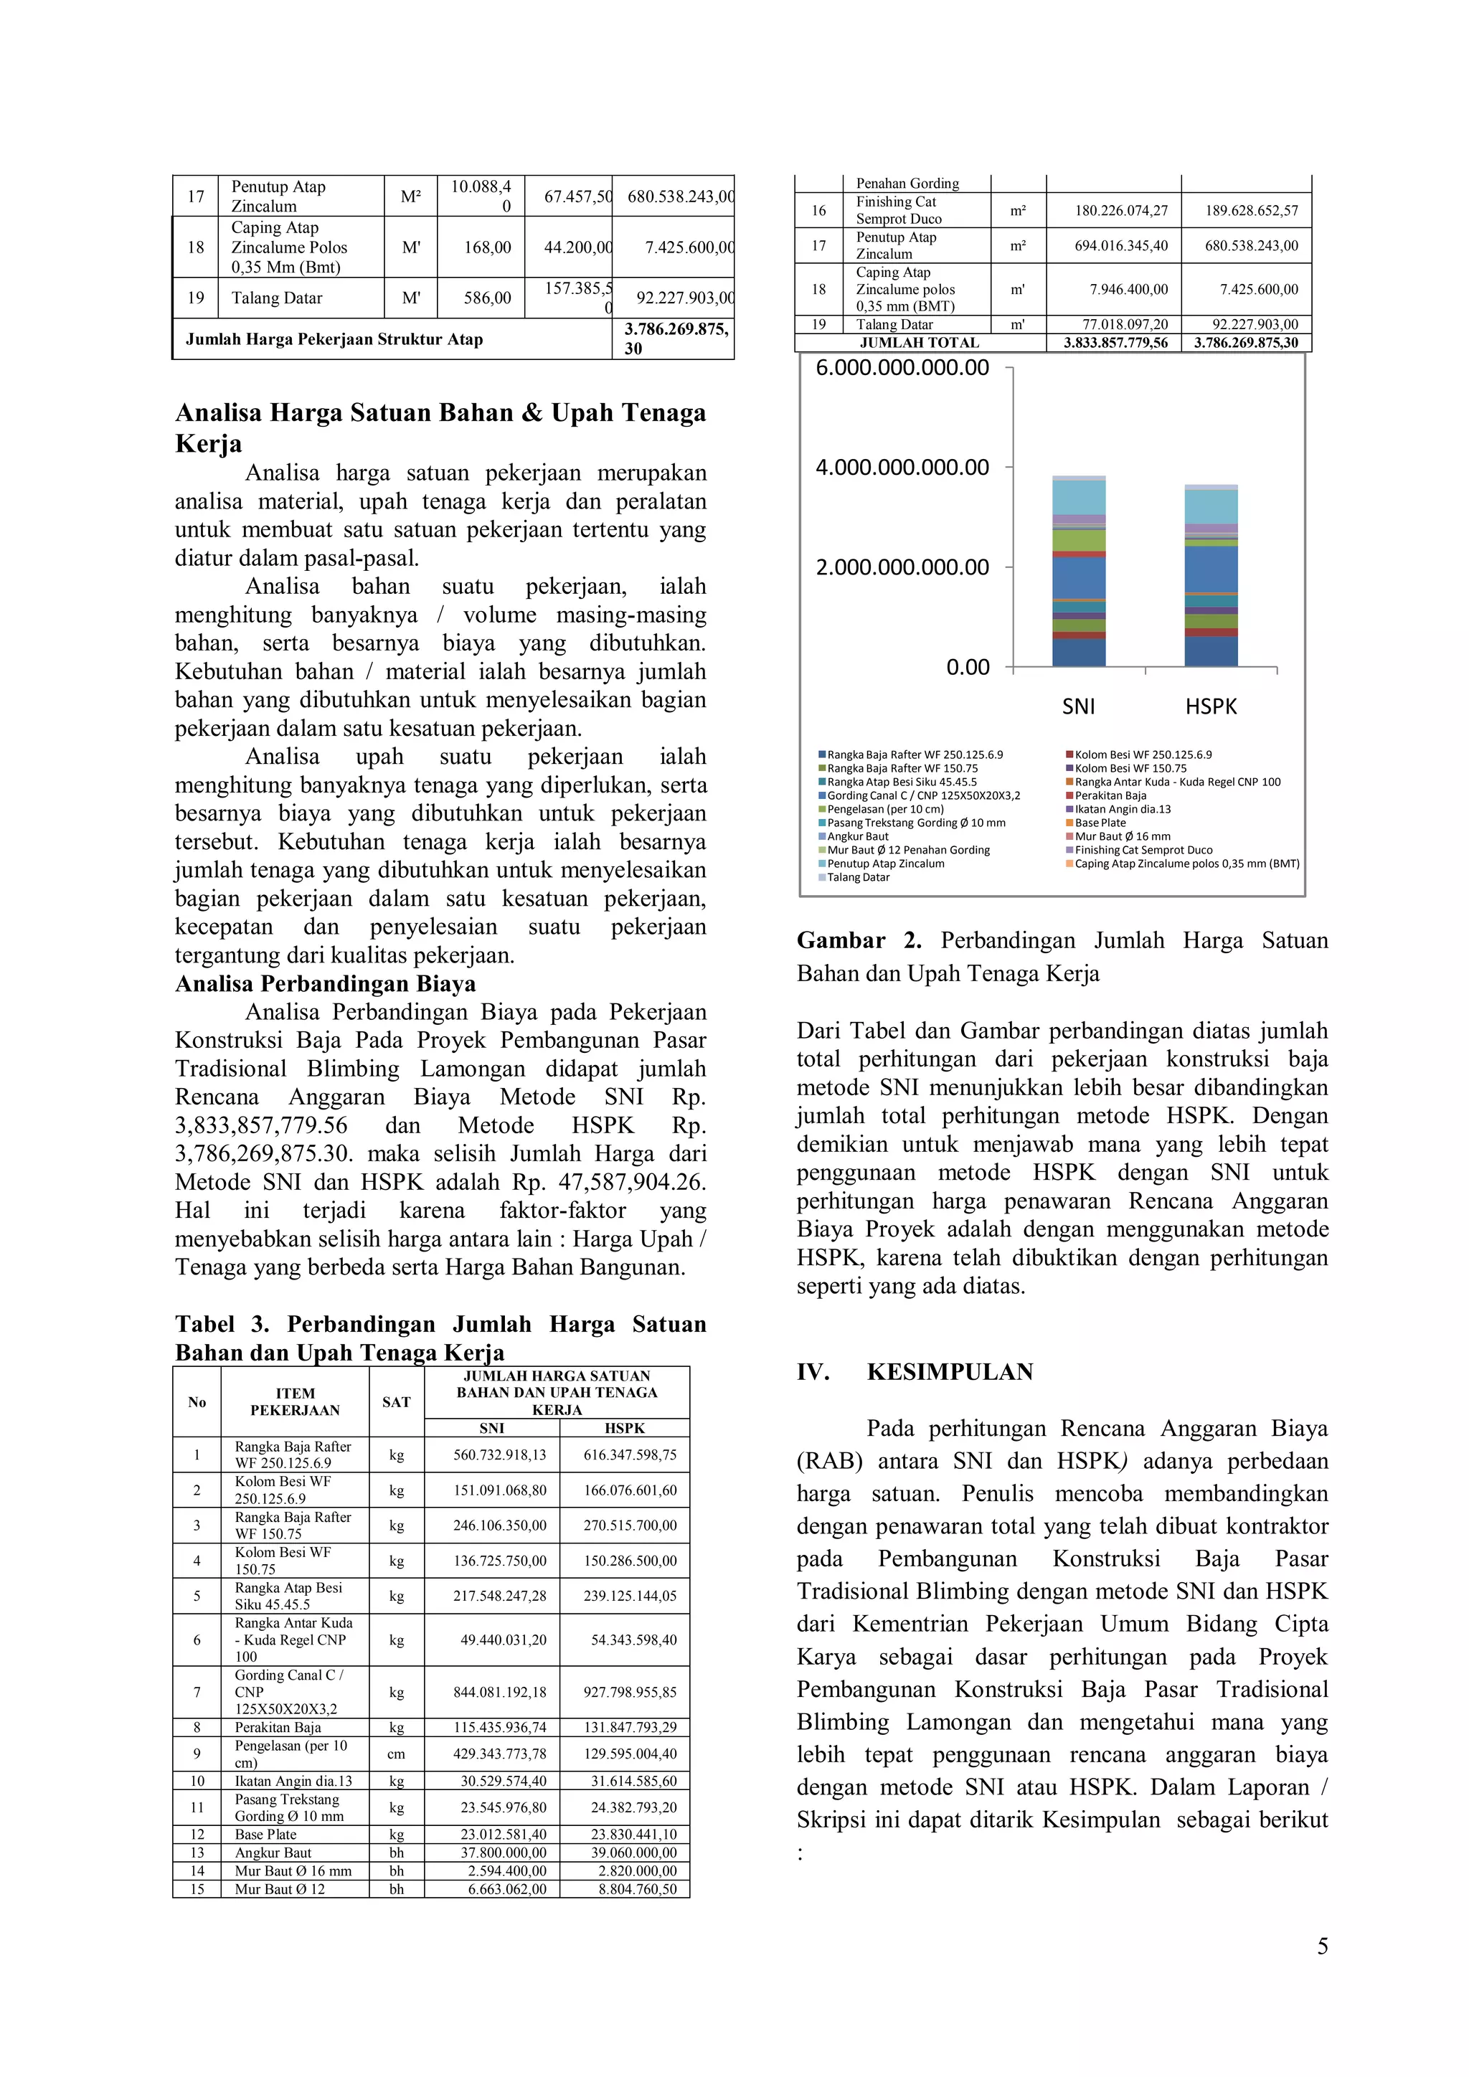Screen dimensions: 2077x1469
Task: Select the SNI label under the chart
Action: (x=1078, y=706)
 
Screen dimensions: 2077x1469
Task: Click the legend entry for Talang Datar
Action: (x=858, y=877)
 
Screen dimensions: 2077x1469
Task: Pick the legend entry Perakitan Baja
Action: (x=1110, y=795)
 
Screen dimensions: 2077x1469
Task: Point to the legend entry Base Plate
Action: (x=1100, y=823)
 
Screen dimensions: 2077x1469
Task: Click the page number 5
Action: (x=1323, y=1946)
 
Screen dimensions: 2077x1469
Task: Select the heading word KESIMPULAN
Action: (x=950, y=1372)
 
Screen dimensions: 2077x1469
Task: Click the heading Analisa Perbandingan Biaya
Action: (x=326, y=983)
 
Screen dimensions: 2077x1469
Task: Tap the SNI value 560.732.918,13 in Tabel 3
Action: (x=499, y=1454)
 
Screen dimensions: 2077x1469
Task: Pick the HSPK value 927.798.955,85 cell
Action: (x=630, y=1692)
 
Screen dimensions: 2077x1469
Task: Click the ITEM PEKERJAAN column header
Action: (x=295, y=1401)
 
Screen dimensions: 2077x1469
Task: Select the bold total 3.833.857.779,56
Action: (x=1115, y=343)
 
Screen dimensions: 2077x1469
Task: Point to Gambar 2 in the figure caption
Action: (x=859, y=940)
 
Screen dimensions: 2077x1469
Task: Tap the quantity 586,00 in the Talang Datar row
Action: (x=488, y=298)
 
